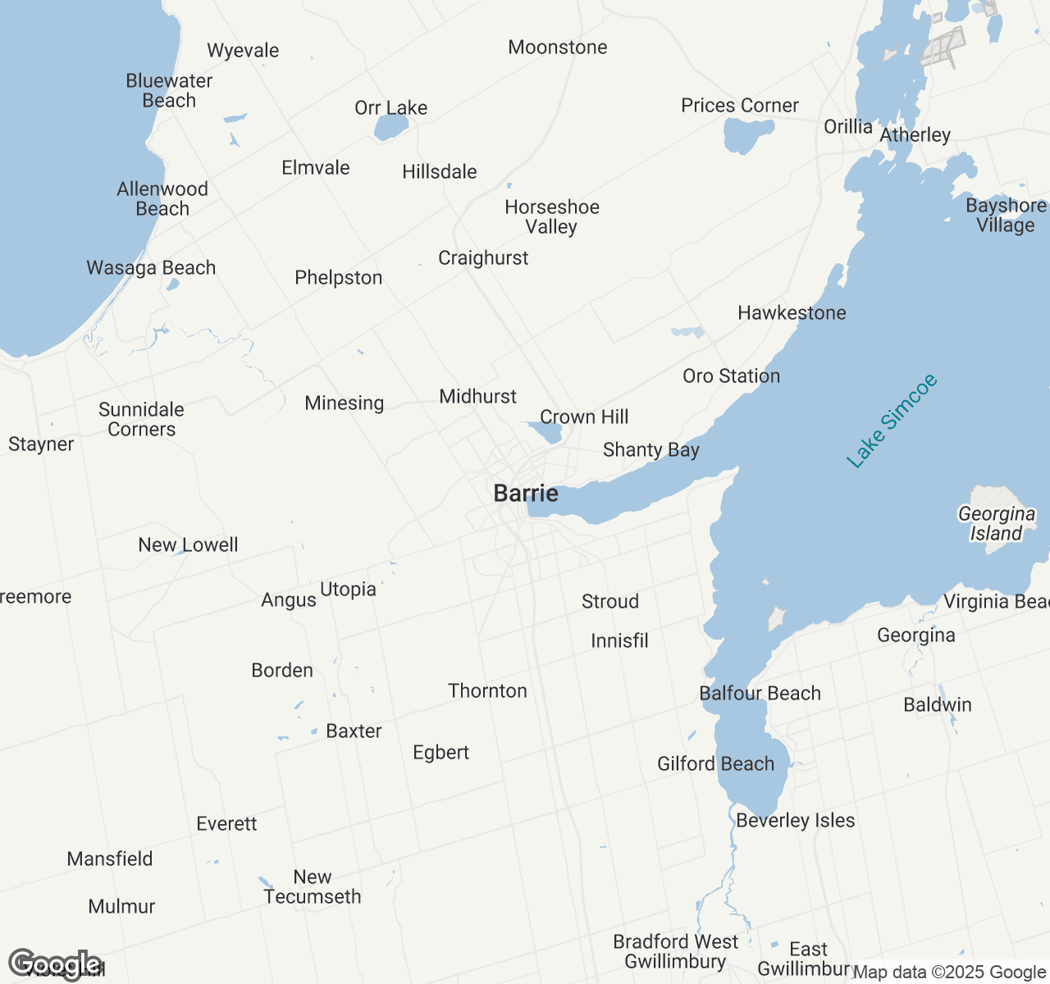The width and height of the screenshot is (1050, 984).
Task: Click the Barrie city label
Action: pyautogui.click(x=526, y=494)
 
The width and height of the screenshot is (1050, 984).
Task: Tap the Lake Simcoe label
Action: pyautogui.click(x=892, y=421)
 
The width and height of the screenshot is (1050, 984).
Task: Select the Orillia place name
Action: pyautogui.click(x=848, y=126)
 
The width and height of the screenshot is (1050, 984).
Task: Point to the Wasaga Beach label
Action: pyautogui.click(x=151, y=268)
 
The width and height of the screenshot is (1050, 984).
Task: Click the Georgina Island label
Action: pyautogui.click(x=997, y=524)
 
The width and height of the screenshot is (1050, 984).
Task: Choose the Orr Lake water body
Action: pyautogui.click(x=390, y=127)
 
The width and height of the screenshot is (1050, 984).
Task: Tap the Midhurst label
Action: pyautogui.click(x=478, y=397)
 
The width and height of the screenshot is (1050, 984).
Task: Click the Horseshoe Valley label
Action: pyautogui.click(x=552, y=217)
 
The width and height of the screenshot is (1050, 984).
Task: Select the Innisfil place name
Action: pyautogui.click(x=619, y=641)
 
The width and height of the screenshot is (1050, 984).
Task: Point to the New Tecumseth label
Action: pyautogui.click(x=313, y=887)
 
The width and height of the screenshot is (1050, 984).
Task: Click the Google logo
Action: pyautogui.click(x=55, y=964)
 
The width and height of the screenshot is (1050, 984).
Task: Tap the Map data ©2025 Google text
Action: pyautogui.click(x=949, y=973)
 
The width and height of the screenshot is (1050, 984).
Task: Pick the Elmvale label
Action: pyautogui.click(x=316, y=168)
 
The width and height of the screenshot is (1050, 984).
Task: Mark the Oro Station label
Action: pyautogui.click(x=732, y=376)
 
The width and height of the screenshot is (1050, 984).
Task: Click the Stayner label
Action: pyautogui.click(x=41, y=444)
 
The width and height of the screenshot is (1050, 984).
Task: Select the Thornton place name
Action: pyautogui.click(x=487, y=691)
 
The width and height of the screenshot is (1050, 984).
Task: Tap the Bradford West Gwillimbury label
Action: pyautogui.click(x=676, y=951)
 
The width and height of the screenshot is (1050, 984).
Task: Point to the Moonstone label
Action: pyautogui.click(x=558, y=48)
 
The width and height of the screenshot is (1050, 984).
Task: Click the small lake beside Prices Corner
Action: pyautogui.click(x=746, y=134)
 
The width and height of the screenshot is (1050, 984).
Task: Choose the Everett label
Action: pyautogui.click(x=226, y=824)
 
